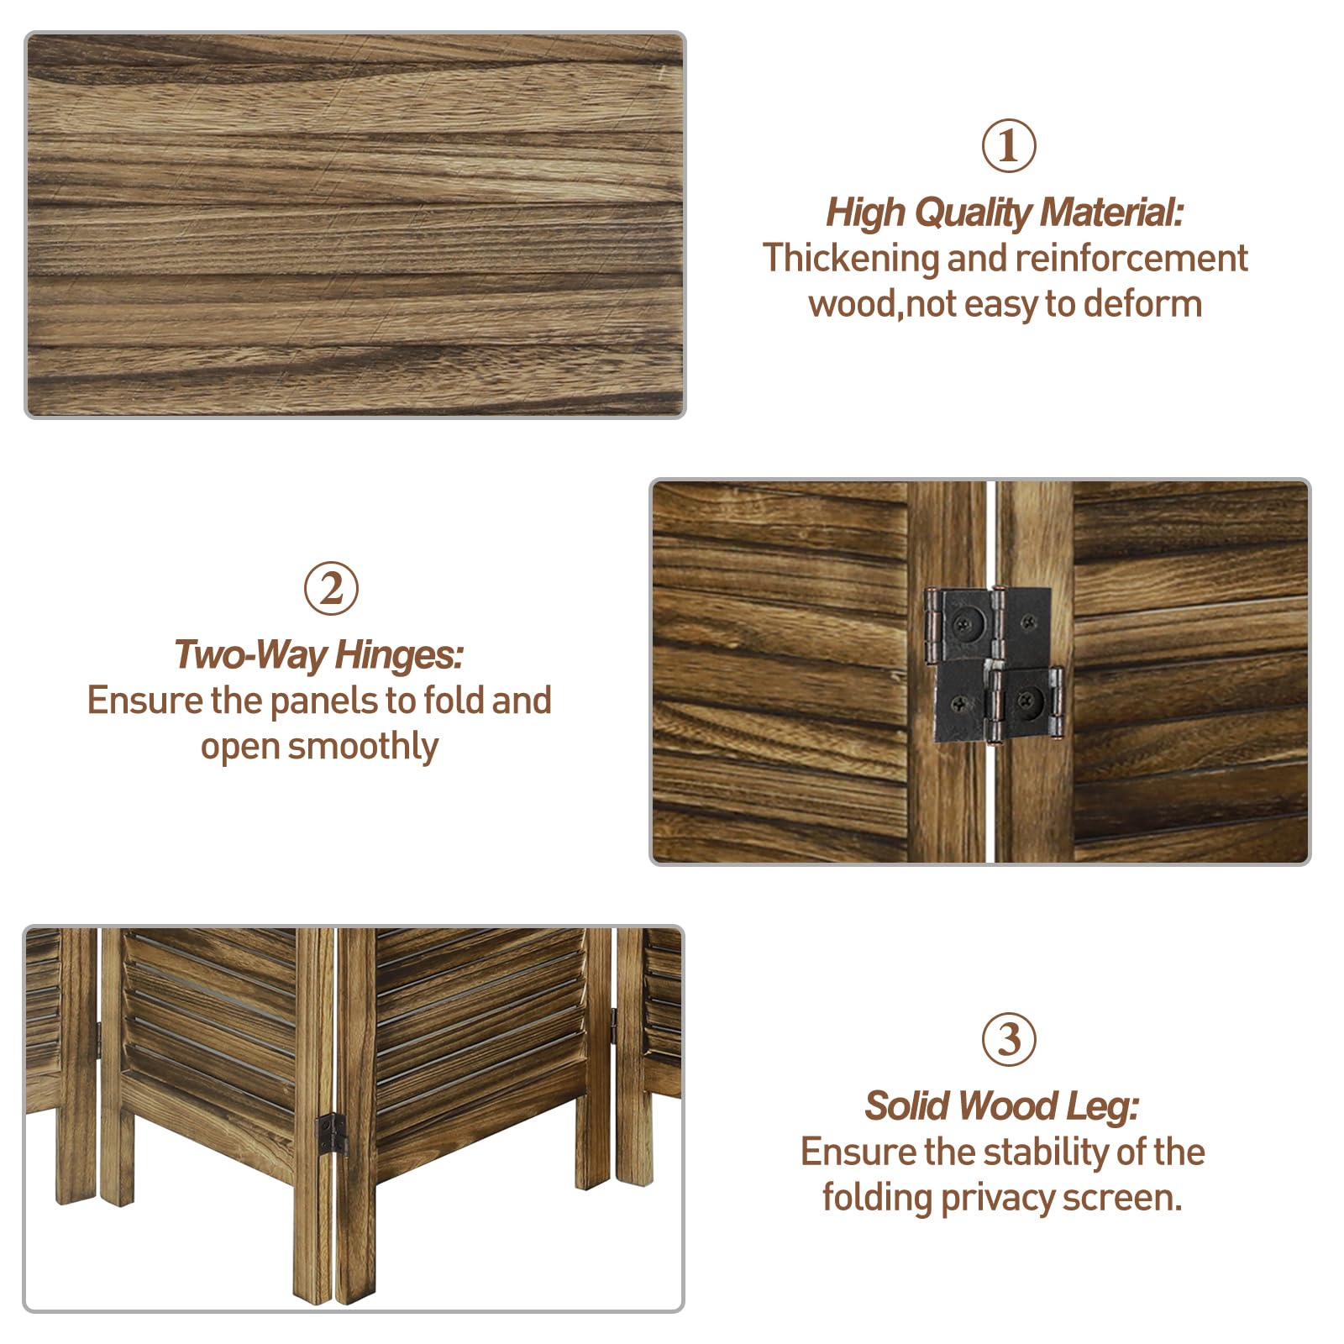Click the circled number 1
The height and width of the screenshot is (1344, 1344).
pyautogui.click(x=1008, y=146)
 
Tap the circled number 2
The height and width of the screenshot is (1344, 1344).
pyautogui.click(x=330, y=588)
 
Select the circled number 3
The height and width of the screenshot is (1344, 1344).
pyautogui.click(x=1008, y=1039)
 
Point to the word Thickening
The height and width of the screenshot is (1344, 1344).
pyautogui.click(x=850, y=259)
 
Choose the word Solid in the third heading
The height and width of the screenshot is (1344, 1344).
pyautogui.click(x=910, y=1106)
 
